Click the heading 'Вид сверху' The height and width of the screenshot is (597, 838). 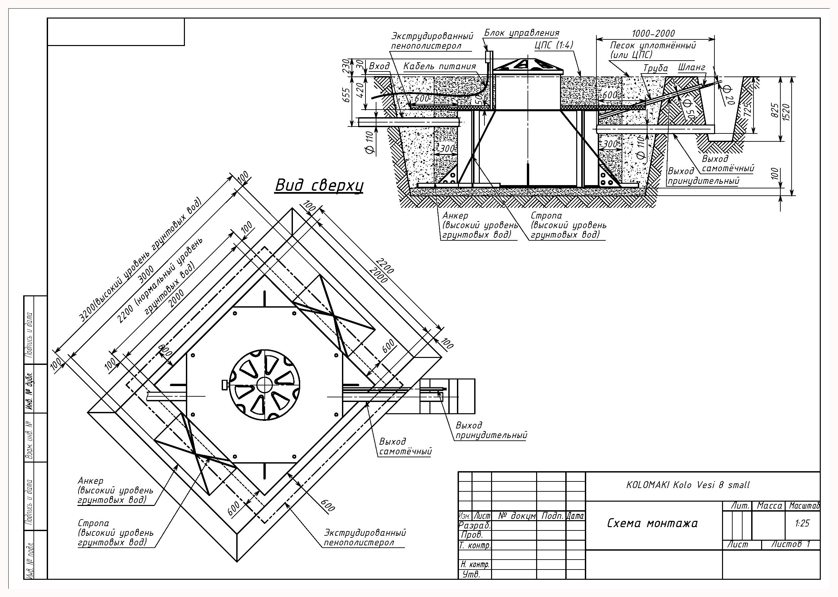pyautogui.click(x=319, y=185)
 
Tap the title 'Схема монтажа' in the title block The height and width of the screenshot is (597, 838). pyautogui.click(x=652, y=523)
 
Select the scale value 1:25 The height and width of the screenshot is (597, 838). pyautogui.click(x=802, y=523)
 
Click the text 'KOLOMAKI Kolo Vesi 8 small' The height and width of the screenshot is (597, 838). pyautogui.click(x=688, y=485)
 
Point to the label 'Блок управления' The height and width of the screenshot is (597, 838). pyautogui.click(x=521, y=33)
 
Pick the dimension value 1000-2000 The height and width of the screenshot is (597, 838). pyautogui.click(x=653, y=33)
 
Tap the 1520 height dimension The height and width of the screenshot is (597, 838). pyautogui.click(x=786, y=114)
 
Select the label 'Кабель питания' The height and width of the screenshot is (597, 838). pyautogui.click(x=440, y=67)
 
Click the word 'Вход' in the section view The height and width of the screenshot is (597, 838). pyautogui.click(x=379, y=66)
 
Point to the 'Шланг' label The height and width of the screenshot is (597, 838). pyautogui.click(x=692, y=68)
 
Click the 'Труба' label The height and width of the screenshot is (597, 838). pyautogui.click(x=655, y=69)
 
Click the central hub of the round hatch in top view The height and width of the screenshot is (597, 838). pyautogui.click(x=264, y=384)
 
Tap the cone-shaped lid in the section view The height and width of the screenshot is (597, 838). pyautogui.click(x=527, y=64)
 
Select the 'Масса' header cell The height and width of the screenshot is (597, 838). pyautogui.click(x=769, y=506)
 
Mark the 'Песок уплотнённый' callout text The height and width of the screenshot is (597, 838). pyautogui.click(x=653, y=46)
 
